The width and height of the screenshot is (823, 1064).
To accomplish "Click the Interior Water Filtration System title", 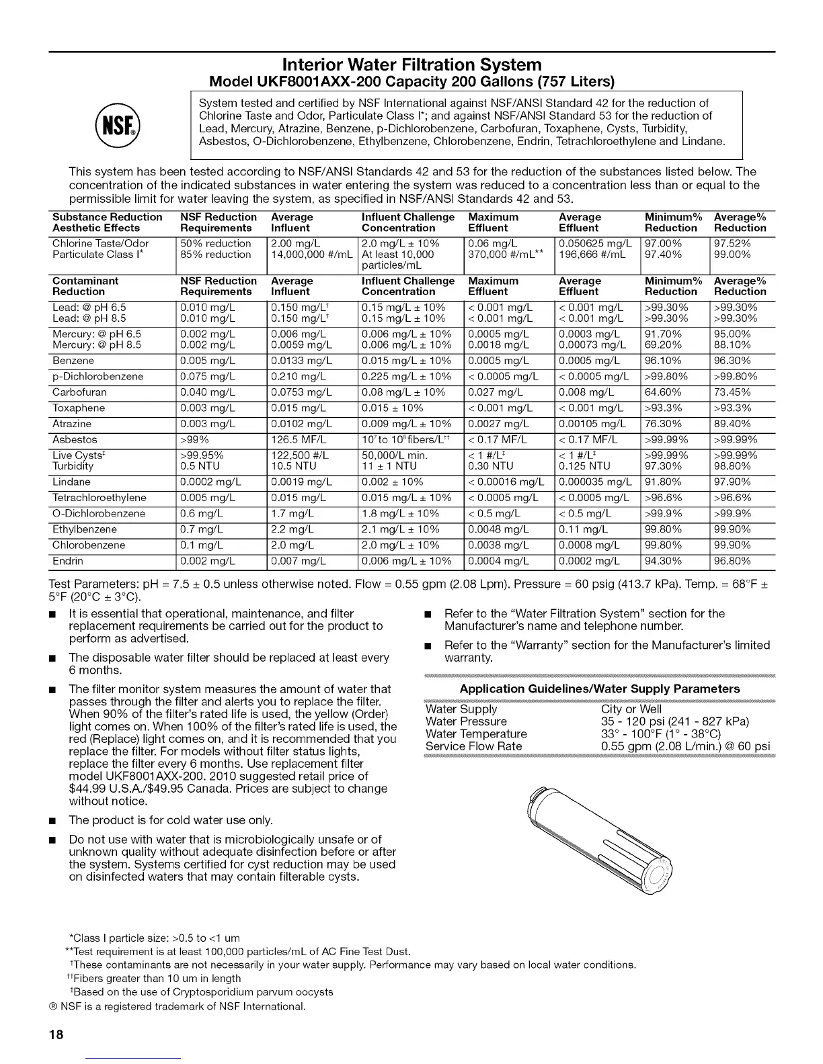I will point(412,64).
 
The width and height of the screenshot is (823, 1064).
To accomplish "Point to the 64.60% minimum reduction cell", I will point(663,392).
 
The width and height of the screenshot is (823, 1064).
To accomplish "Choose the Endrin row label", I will point(68,561).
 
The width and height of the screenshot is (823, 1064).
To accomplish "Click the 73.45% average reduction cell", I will point(734,392).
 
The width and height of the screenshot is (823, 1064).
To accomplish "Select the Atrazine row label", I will point(72,424).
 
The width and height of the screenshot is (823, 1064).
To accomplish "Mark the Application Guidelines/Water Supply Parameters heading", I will point(599,689).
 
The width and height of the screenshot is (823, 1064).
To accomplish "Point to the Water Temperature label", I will point(476,734).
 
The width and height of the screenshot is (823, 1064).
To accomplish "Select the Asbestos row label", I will point(75,440).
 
